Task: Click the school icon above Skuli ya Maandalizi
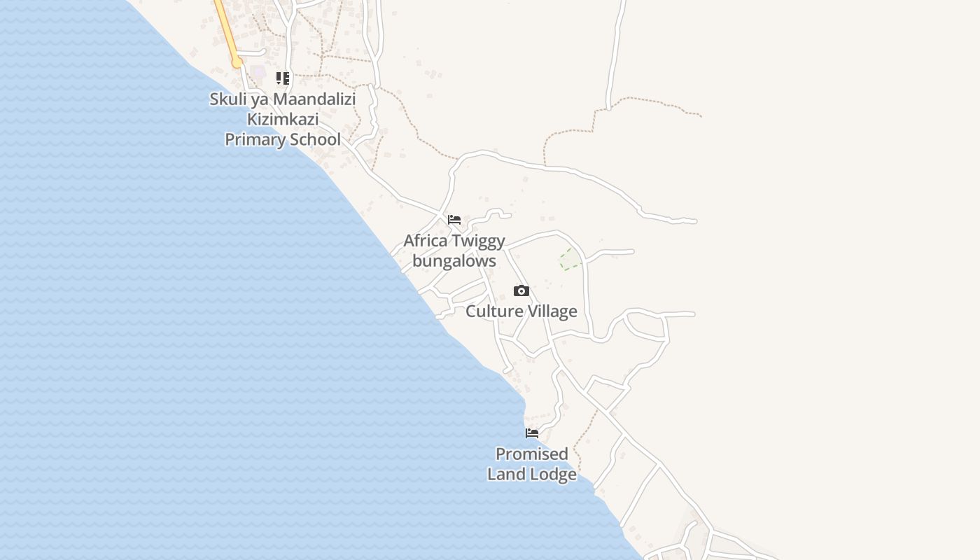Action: click(x=283, y=78)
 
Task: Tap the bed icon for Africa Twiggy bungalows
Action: click(x=454, y=220)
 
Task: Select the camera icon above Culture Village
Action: click(x=521, y=290)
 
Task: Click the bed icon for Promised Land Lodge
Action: click(x=532, y=433)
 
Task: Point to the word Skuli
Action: click(x=227, y=99)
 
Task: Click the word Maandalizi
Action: click(x=314, y=99)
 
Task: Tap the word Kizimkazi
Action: click(x=283, y=119)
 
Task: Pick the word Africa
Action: click(x=426, y=241)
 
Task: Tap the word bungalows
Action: click(x=454, y=261)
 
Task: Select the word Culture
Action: click(x=493, y=311)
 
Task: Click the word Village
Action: click(x=551, y=311)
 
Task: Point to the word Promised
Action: click(x=532, y=454)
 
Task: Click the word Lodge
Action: click(x=553, y=474)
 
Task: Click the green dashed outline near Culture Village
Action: click(x=570, y=259)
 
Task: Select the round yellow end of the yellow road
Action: click(x=237, y=63)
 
